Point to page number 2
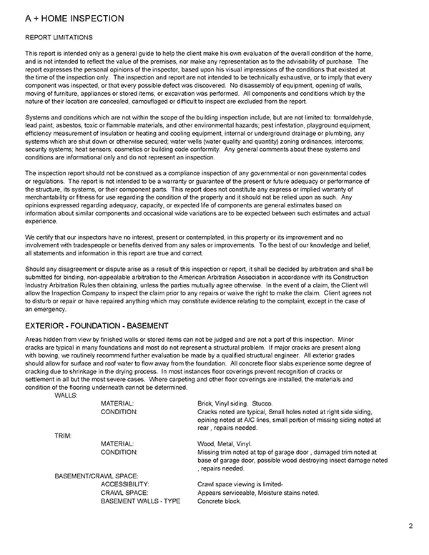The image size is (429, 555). tap(411, 526)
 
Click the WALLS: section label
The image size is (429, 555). tap(67, 395)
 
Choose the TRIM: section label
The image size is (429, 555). tap(63, 434)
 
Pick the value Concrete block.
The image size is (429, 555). tap(220, 501)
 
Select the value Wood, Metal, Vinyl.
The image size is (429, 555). tap(224, 443)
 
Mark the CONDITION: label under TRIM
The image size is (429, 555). tap(122, 452)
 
